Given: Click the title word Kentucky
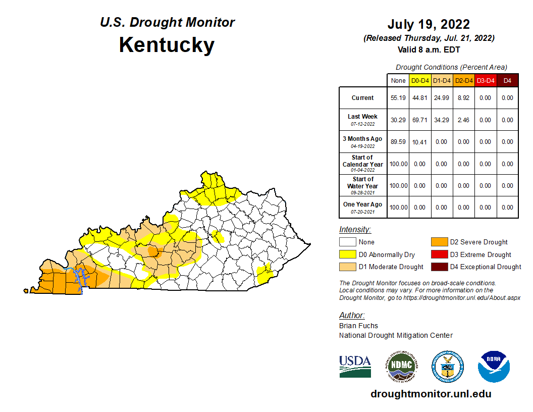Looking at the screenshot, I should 167,45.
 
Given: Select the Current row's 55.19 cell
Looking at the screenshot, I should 398,98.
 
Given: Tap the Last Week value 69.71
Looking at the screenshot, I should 420,120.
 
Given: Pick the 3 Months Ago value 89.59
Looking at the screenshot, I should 398,142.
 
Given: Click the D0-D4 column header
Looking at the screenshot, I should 420,81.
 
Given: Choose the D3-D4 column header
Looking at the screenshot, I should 485,81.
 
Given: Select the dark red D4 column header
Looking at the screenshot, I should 507,81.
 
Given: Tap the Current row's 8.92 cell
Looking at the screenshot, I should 463,98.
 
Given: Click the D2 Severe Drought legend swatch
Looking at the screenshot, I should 439,242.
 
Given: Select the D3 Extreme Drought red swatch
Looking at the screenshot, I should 439,254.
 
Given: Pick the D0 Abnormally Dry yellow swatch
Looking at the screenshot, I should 348,254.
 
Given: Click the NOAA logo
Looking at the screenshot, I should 494,366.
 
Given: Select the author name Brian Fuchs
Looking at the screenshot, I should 358,326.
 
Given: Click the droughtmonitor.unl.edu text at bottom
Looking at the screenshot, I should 431,394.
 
